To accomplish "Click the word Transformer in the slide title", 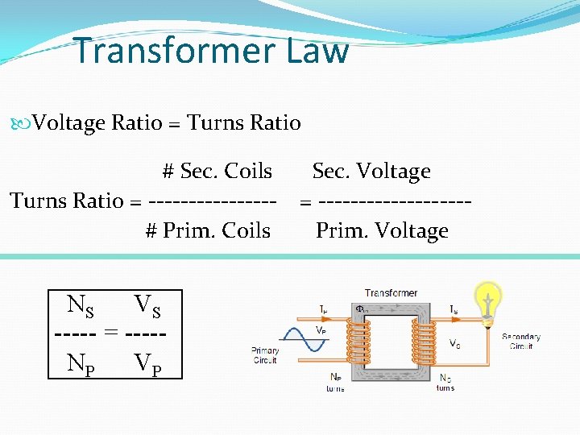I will pos(172,51).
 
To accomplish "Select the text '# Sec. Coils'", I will pos(217,171).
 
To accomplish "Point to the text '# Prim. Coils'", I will pos(208,230).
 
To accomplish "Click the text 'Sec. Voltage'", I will pos(371,171).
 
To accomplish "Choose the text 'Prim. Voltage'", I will pos(382,230).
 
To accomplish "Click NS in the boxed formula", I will pos(81,305).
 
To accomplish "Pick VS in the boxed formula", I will pos(147,305).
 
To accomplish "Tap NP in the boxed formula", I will pos(81,363).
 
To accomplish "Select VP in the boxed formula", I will pos(147,363).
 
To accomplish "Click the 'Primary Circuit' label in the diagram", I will pos(265,355).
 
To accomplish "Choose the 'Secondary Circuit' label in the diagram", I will pos(521,341).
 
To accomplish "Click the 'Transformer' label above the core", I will pos(391,293).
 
